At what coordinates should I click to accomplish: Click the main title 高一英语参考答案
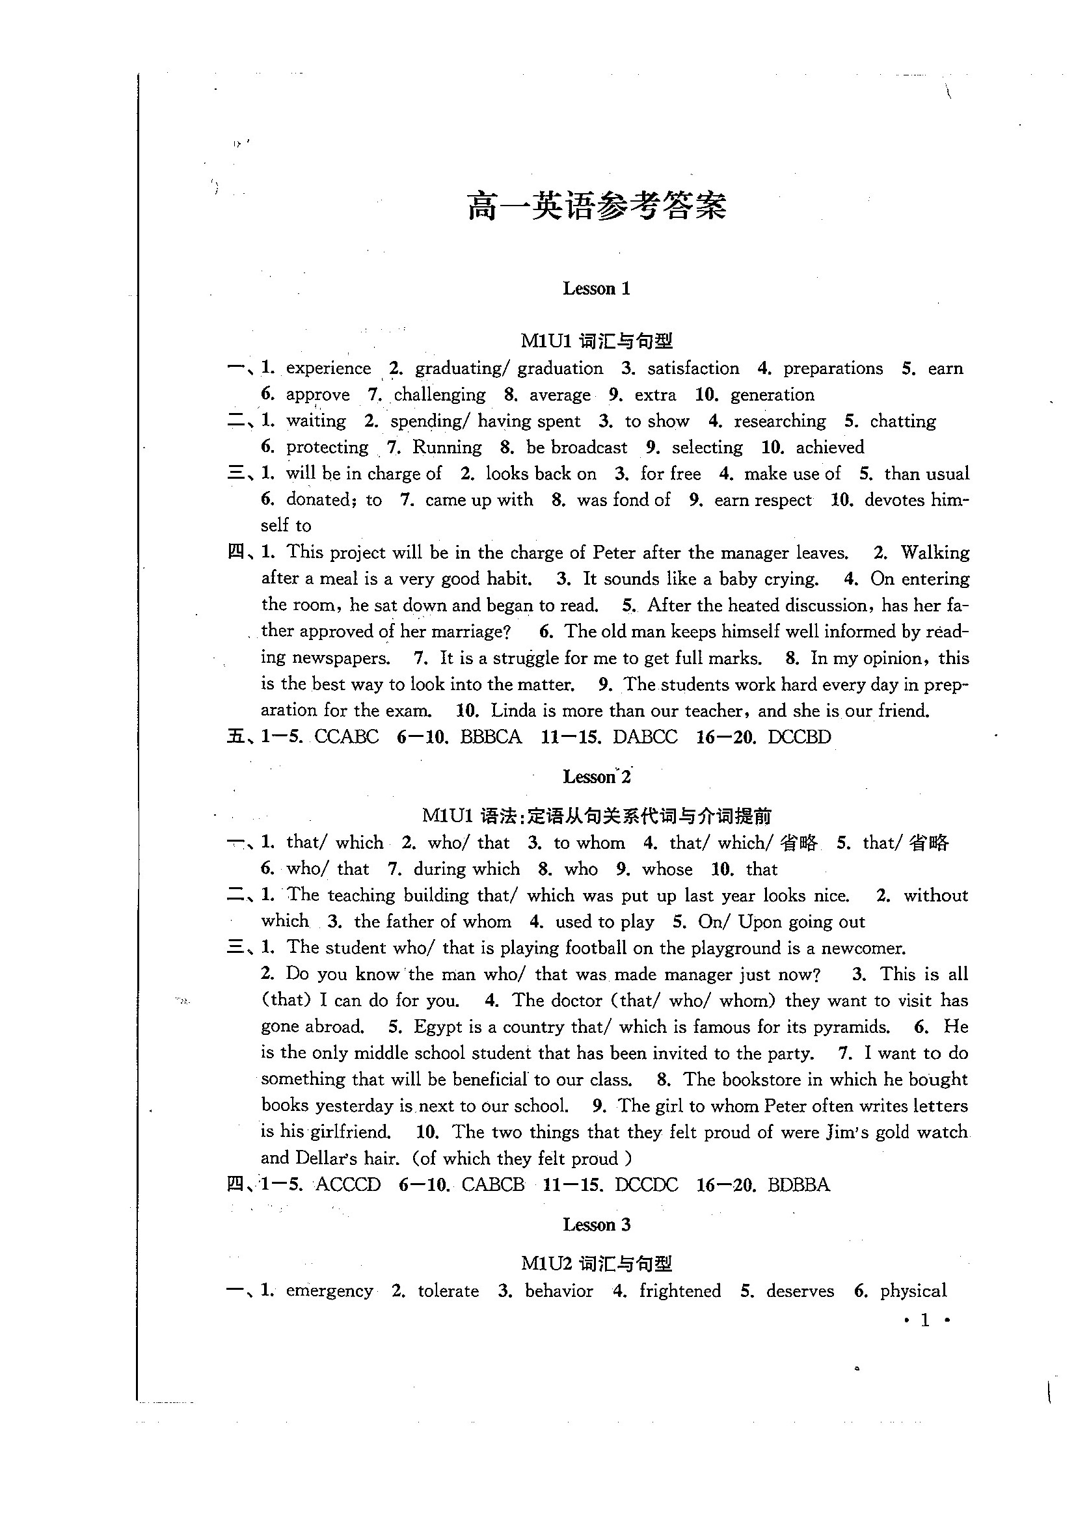[597, 206]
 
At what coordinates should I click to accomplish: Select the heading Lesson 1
[597, 288]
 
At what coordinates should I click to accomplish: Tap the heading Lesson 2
[597, 776]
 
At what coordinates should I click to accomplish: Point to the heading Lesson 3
[597, 1224]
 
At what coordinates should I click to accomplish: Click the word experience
[328, 369]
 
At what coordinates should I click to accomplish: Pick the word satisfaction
[693, 369]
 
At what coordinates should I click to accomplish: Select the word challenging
[440, 395]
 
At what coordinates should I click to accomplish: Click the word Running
[447, 447]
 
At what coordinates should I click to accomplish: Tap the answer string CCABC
[347, 737]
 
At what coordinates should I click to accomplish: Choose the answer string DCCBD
[799, 737]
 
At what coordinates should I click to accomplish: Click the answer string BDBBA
[798, 1184]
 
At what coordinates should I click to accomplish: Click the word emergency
[329, 1290]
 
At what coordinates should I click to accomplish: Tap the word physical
[913, 1290]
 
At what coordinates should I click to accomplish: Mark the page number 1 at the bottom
[926, 1320]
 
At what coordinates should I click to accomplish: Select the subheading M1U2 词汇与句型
[597, 1264]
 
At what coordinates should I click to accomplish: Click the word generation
[772, 395]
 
